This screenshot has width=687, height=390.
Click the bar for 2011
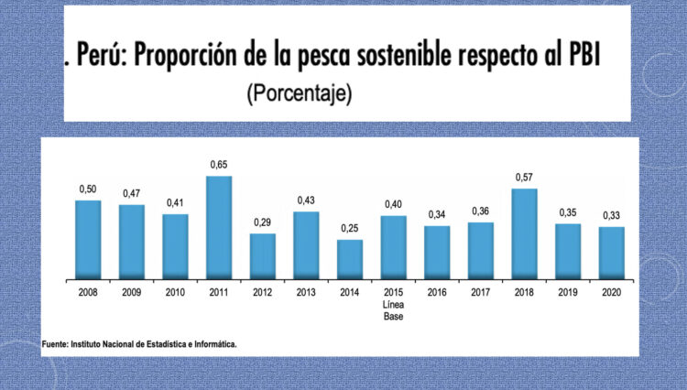[x=219, y=227]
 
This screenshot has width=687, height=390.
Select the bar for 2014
[x=350, y=259]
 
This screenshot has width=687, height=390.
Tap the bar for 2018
[x=524, y=233]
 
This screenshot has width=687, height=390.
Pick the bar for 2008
[x=88, y=239]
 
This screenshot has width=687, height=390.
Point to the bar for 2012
[x=263, y=255]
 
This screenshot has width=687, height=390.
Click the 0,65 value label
[x=219, y=165]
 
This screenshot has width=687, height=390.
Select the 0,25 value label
[x=350, y=229]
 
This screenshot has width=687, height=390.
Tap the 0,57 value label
[x=524, y=178]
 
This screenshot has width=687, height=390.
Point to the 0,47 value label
[x=132, y=194]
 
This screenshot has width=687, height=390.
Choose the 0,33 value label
[x=611, y=216]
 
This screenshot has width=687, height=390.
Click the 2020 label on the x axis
[x=611, y=292]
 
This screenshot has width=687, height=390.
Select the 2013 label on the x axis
[x=306, y=292]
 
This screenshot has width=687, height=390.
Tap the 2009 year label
[x=132, y=292]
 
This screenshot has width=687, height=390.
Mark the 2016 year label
[x=437, y=292]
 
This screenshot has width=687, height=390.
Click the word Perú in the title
[x=103, y=57]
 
